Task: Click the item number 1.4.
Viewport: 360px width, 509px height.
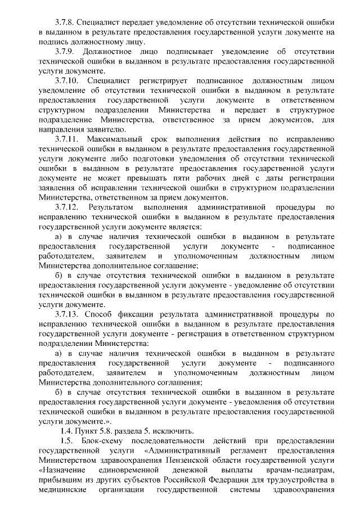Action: (x=69, y=431)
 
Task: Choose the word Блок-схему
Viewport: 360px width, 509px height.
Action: (x=102, y=441)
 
